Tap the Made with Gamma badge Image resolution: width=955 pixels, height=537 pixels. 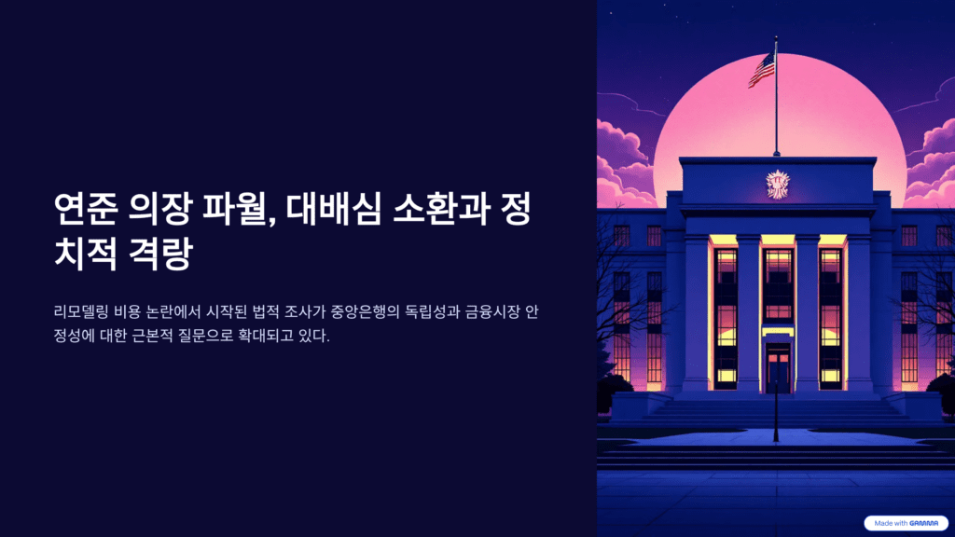click(906, 523)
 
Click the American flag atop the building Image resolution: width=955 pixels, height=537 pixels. click(762, 69)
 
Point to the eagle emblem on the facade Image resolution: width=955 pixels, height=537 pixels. click(776, 183)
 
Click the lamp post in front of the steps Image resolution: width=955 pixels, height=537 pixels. click(776, 410)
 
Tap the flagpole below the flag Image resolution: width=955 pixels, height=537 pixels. click(776, 121)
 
